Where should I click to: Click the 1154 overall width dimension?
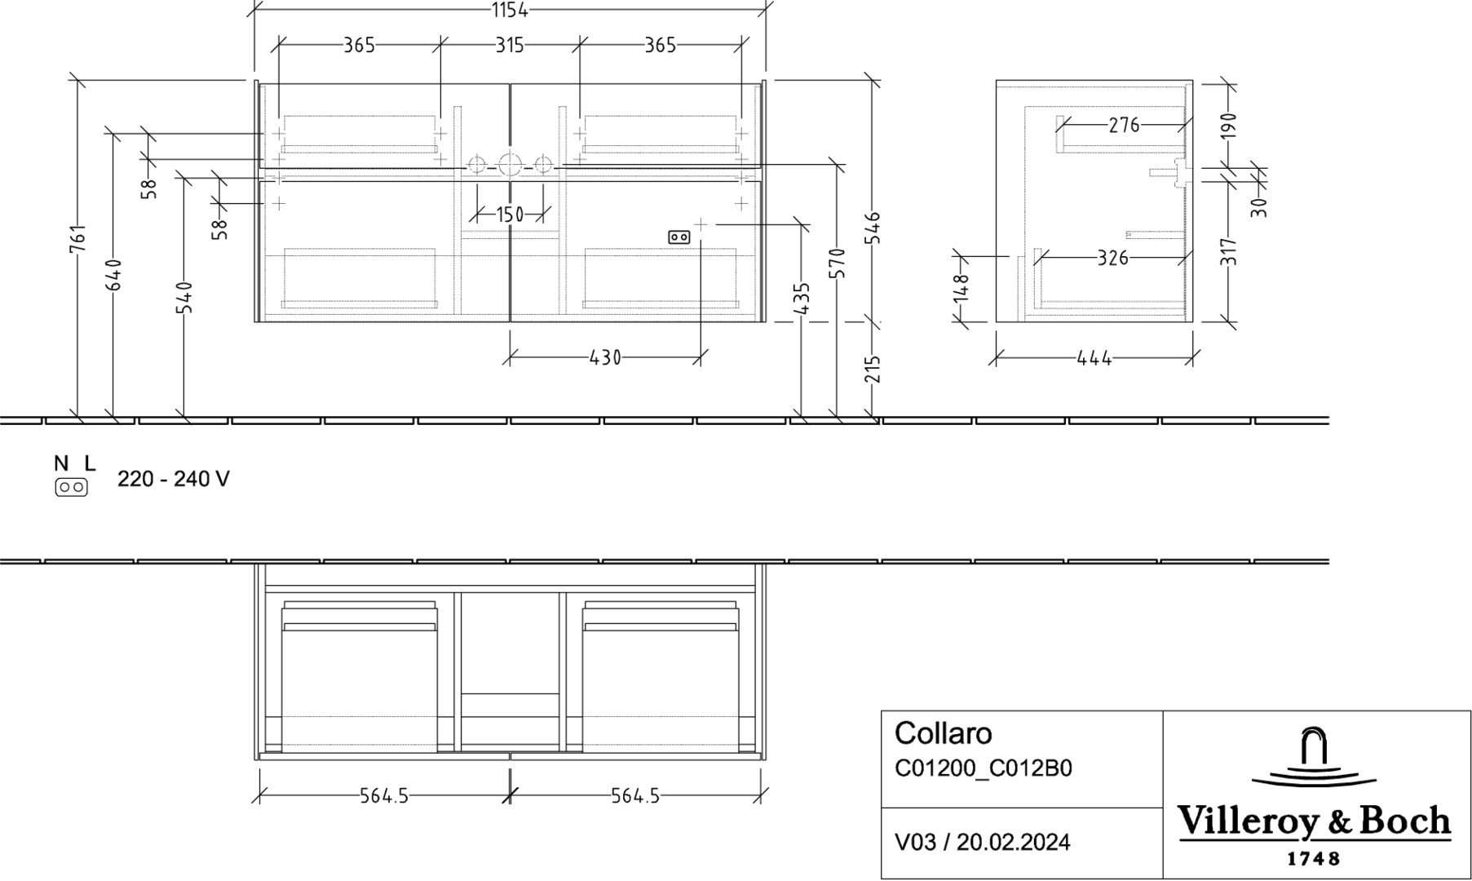tap(510, 10)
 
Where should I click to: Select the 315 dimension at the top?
tap(510, 45)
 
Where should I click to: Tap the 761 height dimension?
tap(77, 238)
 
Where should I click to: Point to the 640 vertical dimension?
tap(114, 275)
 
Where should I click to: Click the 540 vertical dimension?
tap(185, 298)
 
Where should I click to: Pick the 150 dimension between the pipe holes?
tap(510, 215)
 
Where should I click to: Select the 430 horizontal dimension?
tap(605, 357)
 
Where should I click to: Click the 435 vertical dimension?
tap(802, 299)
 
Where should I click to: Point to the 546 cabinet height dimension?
tap(873, 228)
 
